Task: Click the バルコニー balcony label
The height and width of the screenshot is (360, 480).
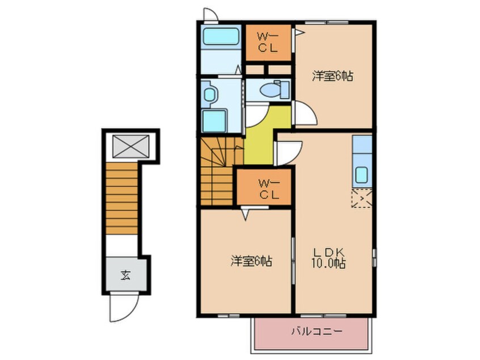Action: (317, 332)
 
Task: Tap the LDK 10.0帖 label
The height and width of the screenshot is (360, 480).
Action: (329, 258)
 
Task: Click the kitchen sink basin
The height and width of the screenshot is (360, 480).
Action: (361, 175)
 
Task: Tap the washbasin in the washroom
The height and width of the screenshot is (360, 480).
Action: (209, 94)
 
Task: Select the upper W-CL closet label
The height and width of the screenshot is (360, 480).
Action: (268, 43)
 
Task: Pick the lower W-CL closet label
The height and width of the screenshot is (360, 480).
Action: (269, 189)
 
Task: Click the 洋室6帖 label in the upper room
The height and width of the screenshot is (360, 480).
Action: (332, 76)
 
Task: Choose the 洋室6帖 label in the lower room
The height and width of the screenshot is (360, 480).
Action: (251, 261)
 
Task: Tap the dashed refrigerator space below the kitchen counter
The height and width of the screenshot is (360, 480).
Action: (362, 198)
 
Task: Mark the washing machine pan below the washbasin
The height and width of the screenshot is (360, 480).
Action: (214, 121)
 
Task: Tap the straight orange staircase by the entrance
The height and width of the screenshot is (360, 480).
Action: (122, 199)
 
